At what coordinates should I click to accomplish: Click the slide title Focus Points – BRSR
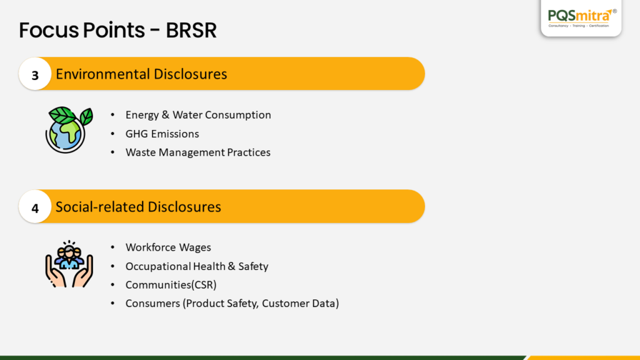(117, 30)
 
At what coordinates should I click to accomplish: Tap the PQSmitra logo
(581, 17)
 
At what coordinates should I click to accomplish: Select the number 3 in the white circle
(35, 76)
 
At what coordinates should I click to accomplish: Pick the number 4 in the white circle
(35, 208)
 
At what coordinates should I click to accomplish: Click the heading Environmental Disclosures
(141, 74)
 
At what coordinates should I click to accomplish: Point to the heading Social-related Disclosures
(138, 206)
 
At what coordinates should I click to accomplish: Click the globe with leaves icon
(69, 130)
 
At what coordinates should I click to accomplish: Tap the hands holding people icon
(69, 264)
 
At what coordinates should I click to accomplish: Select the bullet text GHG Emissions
(162, 134)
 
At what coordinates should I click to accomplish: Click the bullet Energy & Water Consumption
(198, 115)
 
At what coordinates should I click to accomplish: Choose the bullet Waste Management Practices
(198, 152)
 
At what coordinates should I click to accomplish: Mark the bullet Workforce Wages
(168, 247)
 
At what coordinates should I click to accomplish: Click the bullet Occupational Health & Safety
(197, 266)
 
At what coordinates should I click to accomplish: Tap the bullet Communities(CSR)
(171, 285)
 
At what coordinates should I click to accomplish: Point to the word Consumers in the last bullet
(152, 303)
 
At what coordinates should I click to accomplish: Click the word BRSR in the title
(191, 30)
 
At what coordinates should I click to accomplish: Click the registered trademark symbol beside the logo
(615, 11)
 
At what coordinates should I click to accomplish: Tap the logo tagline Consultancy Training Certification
(578, 26)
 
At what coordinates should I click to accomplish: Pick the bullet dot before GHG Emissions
(112, 134)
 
